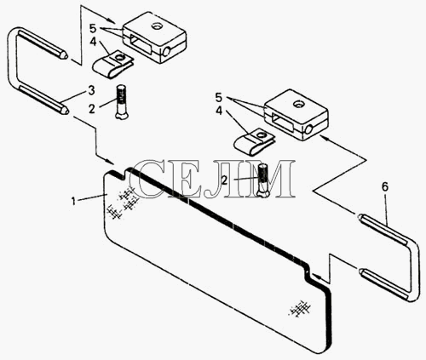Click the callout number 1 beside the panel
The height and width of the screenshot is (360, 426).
pos(73,202)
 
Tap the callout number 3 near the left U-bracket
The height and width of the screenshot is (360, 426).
pos(91,90)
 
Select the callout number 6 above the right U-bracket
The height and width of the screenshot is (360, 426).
pos(385,186)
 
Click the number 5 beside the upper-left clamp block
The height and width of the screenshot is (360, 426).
pos(93,28)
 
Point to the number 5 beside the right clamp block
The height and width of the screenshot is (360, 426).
pos(218,98)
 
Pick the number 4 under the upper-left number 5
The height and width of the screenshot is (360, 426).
pos(93,42)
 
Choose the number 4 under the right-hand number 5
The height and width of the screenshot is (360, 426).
pos(219,111)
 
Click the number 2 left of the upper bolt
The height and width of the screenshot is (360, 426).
pos(91,109)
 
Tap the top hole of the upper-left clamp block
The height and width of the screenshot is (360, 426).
pos(156,26)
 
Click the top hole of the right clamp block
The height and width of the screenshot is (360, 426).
pos(298,105)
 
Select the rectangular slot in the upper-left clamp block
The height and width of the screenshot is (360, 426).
pos(139,43)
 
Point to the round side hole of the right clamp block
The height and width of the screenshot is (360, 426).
pos(308,129)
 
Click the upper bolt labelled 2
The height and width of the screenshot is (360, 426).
pos(121,101)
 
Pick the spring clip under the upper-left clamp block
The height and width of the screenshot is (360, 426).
pos(112,65)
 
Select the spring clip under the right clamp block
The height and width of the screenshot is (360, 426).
pos(254,142)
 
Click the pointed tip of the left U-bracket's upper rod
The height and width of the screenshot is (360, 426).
pos(66,55)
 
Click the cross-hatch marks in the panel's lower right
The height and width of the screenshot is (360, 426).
pos(300,309)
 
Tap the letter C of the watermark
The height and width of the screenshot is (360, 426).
pos(147,179)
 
